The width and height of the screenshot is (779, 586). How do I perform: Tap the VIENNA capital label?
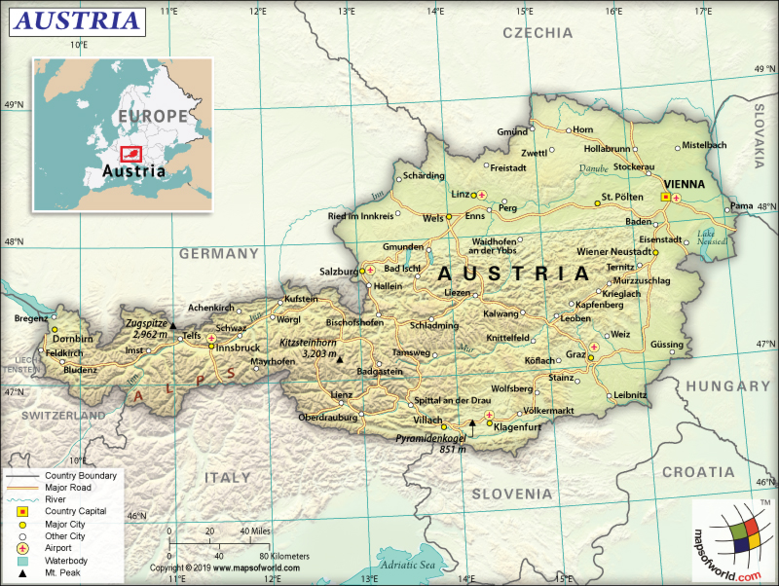[x=684, y=183]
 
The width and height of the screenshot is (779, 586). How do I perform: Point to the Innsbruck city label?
[x=238, y=348]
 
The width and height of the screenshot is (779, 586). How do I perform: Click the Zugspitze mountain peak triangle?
[x=172, y=326]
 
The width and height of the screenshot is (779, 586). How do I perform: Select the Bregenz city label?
[x=30, y=318]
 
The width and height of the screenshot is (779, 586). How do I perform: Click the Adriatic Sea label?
[x=408, y=564]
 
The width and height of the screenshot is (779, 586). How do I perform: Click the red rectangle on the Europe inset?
[x=130, y=153]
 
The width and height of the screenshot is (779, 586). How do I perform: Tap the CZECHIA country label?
[x=538, y=32]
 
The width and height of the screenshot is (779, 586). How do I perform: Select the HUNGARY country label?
[x=727, y=386]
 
